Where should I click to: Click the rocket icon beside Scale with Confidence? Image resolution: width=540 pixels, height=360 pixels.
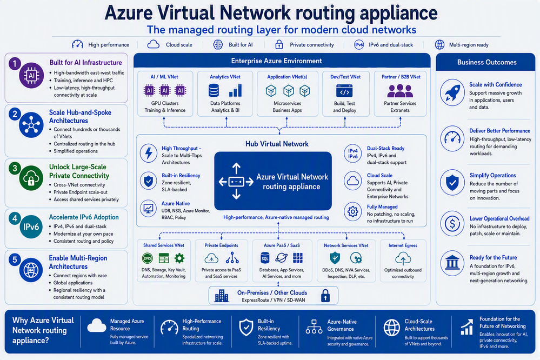pos(452,92)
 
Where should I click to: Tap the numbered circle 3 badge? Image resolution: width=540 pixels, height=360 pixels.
pos(15,168)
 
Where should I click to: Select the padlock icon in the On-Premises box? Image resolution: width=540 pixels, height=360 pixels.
pos(325,296)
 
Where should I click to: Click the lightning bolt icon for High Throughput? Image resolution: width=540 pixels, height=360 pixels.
pos(149,153)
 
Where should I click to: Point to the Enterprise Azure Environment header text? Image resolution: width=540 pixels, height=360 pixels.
pos(277,61)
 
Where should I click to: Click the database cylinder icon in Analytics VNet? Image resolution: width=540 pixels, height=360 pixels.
pos(214,90)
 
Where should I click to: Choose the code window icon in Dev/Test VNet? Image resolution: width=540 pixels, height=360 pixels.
pos(344,91)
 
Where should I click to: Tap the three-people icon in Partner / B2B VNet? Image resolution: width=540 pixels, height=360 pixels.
pos(400,91)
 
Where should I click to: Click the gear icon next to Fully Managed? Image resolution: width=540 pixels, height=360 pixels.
pos(352,211)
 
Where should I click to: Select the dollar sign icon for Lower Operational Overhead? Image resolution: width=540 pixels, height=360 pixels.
pos(452,223)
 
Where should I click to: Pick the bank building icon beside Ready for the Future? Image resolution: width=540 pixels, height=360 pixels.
pos(452,264)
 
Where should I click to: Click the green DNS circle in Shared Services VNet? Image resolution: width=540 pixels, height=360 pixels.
pos(148,258)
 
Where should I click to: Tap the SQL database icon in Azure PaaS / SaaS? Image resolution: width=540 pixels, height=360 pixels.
pos(265,258)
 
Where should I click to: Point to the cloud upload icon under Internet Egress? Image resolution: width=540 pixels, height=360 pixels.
pos(403,258)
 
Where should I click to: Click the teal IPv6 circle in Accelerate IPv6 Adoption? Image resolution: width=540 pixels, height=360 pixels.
pos(31,226)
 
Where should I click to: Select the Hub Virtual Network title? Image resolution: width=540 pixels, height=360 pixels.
pos(277,144)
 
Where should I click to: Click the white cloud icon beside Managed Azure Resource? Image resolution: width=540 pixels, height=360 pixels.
pos(97,325)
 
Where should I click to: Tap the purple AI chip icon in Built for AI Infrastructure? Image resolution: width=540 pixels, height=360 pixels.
pos(31,75)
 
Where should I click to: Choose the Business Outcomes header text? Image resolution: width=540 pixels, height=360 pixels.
pos(486,62)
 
